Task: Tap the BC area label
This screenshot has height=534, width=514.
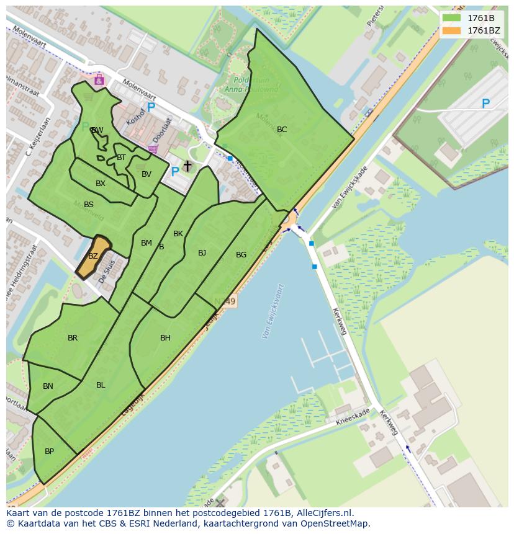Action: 282,130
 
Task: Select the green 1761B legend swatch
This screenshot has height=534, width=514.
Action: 451,17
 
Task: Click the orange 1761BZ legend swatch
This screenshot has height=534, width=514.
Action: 451,30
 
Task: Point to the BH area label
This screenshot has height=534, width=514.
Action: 165,338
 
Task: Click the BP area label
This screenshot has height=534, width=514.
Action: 49,452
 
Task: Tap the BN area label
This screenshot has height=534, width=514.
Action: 48,386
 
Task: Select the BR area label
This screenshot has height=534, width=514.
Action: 73,338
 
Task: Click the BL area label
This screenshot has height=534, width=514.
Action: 101,385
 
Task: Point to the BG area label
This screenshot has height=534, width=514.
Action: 241,255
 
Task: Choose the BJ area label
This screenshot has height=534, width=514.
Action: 202,253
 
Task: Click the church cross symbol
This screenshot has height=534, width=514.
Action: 187,166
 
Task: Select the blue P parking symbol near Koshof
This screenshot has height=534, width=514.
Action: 151,108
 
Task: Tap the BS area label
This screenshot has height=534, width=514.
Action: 89,205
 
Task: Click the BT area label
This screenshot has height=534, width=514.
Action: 121,158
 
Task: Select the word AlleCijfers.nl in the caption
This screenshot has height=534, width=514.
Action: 325,513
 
